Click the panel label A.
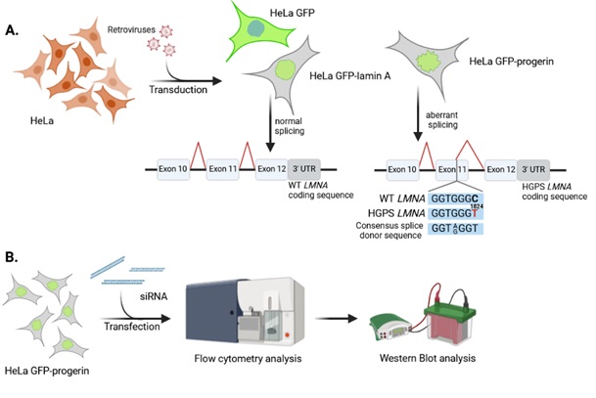(x=13, y=30)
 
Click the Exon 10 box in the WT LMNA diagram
(x=176, y=169)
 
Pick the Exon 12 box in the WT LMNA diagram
(x=273, y=169)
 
